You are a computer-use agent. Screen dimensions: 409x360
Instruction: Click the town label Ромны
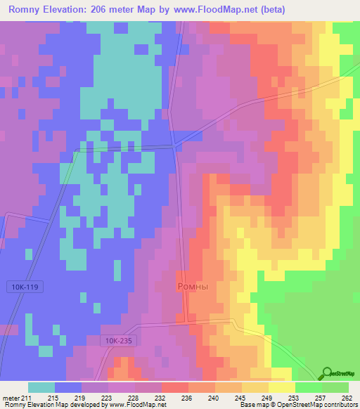191,287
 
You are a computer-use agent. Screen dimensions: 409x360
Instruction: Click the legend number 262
346,397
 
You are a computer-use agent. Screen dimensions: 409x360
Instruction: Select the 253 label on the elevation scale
293,397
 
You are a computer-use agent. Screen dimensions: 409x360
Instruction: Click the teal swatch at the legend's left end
41,387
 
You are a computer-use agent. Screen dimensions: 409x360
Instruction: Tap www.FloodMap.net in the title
221,11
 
